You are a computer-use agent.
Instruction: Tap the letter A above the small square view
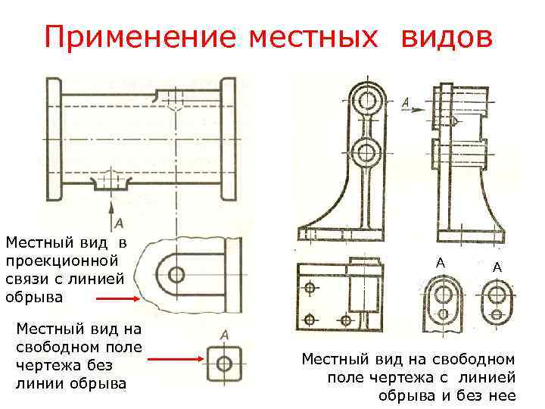click(224, 334)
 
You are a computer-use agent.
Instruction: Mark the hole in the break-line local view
click(177, 274)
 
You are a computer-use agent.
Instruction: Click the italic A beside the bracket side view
click(406, 101)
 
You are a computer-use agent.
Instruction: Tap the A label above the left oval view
click(439, 262)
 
